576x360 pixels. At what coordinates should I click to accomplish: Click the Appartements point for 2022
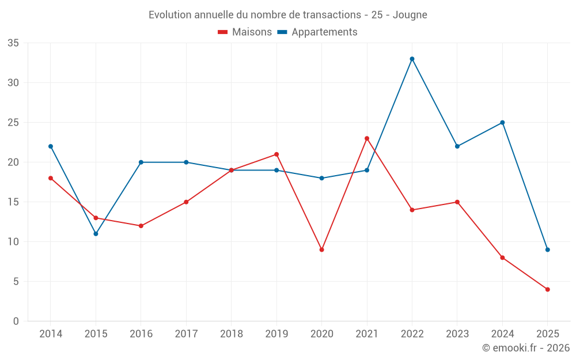(412, 59)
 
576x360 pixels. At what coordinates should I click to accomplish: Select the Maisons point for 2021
(367, 138)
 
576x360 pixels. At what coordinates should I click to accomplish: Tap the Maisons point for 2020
(321, 249)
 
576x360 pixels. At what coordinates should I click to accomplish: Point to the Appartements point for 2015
(96, 234)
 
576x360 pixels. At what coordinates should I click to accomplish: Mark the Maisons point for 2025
(547, 289)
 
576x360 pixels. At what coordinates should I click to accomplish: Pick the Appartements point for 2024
(502, 123)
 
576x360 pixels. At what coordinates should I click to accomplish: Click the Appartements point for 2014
(51, 146)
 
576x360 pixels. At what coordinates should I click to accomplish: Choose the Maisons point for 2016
(141, 226)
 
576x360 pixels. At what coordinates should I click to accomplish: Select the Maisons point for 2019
(276, 154)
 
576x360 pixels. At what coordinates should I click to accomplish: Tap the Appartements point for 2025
(547, 249)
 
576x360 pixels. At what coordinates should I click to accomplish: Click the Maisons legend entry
(245, 32)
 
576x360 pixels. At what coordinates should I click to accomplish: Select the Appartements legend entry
(317, 32)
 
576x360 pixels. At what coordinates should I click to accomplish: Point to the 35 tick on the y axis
(13, 43)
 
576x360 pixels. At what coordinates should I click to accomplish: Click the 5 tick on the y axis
(16, 282)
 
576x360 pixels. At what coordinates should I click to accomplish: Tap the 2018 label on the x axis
(231, 334)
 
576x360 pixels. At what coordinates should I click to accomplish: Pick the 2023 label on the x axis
(457, 334)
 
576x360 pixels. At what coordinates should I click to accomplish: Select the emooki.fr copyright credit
(525, 348)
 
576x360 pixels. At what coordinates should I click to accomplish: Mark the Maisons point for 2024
(502, 257)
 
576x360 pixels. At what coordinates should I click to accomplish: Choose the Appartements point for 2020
(321, 178)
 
